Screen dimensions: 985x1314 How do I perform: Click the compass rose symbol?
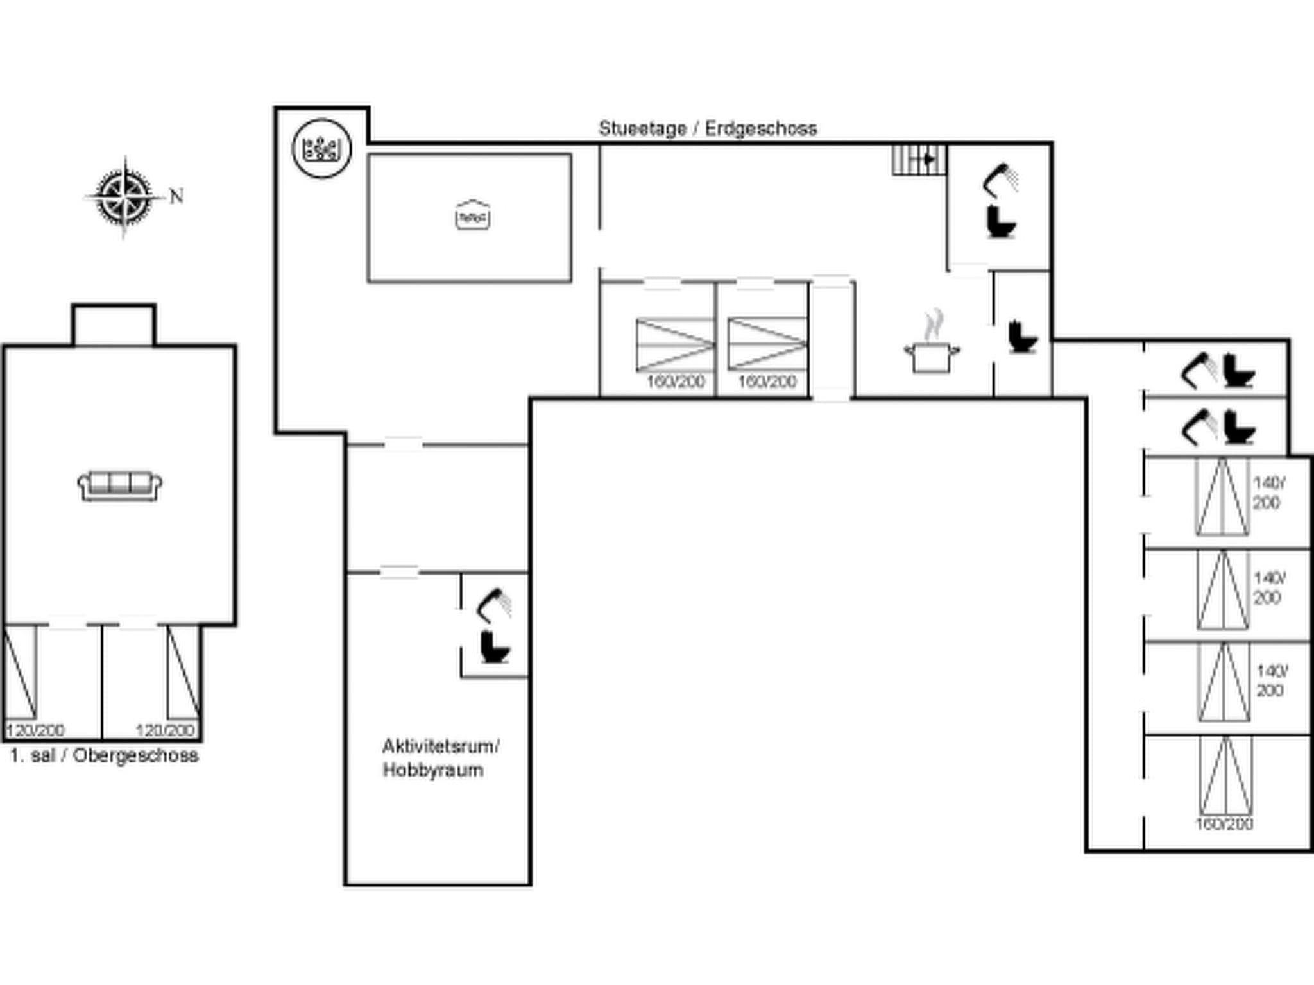(x=124, y=196)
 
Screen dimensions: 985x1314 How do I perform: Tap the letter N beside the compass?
(x=176, y=196)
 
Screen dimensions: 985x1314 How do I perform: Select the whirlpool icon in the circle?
(x=321, y=148)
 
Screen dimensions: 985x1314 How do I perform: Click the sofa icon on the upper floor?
(x=119, y=485)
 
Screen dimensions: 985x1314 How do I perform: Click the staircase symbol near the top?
(x=919, y=160)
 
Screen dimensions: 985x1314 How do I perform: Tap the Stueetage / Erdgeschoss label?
(x=708, y=128)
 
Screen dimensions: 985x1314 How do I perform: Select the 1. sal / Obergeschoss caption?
(x=104, y=755)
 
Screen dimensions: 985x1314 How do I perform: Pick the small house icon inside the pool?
(x=472, y=215)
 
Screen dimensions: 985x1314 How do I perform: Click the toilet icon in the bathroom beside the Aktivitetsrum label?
(x=495, y=647)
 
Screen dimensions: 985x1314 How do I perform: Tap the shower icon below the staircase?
(x=1000, y=180)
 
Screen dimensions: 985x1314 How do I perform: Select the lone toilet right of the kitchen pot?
(x=1021, y=337)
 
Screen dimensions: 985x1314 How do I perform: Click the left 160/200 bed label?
(x=675, y=382)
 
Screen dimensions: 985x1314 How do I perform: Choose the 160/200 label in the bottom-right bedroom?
(x=1224, y=824)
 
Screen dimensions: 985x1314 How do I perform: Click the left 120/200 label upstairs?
(x=35, y=730)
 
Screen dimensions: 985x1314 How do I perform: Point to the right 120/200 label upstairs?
(x=165, y=730)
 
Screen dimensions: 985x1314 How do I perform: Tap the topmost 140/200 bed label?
(x=1268, y=492)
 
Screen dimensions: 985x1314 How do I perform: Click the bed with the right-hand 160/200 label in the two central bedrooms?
(x=767, y=344)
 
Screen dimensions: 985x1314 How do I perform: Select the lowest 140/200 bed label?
(x=1270, y=681)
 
